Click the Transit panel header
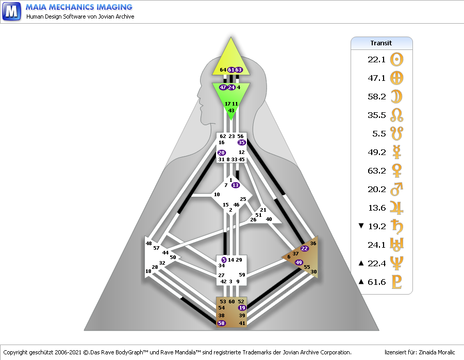382,43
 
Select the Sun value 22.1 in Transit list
376,60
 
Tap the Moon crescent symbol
397,96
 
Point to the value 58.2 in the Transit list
376,96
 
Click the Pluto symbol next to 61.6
397,282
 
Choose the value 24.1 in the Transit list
376,245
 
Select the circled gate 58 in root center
222,323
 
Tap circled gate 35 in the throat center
242,143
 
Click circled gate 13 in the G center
236,185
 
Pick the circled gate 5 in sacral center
224,260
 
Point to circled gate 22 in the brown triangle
304,248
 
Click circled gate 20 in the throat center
222,152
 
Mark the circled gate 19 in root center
242,307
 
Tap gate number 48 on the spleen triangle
148,243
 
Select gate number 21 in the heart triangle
263,210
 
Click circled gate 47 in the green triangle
223,88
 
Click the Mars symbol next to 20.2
397,189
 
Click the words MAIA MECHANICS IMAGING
79,7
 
